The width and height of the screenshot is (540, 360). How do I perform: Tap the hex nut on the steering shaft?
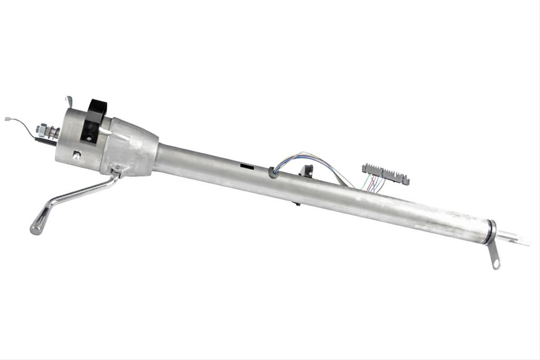click(42, 129)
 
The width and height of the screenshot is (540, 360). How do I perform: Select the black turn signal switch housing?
click(93, 119)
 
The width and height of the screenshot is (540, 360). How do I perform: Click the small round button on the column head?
click(78, 155)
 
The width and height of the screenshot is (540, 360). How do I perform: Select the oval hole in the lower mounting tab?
click(495, 261)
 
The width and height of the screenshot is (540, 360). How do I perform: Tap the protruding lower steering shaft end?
click(514, 239)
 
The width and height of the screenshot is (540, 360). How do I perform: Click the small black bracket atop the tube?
click(306, 170)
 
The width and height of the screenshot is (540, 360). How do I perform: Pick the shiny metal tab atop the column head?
click(69, 101)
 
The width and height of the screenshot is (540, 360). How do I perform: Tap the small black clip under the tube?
click(297, 203)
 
